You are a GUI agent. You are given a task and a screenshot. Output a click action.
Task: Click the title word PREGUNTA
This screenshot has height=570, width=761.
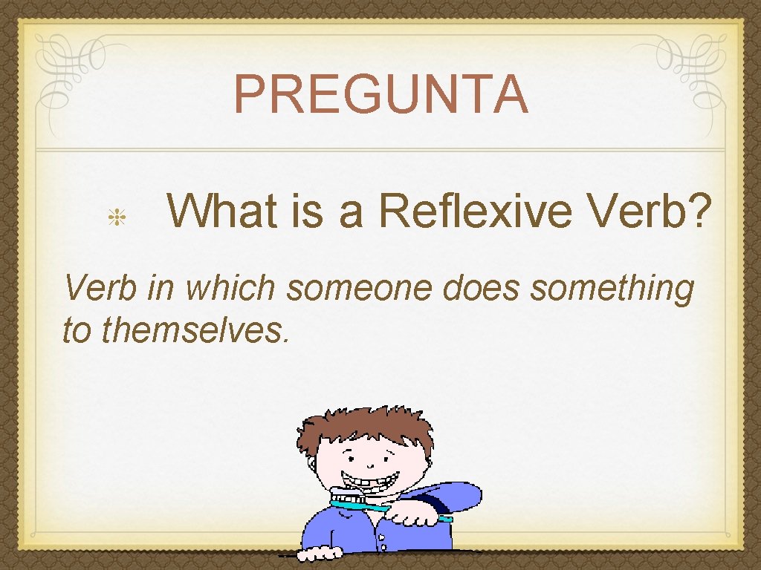pos(381,94)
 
